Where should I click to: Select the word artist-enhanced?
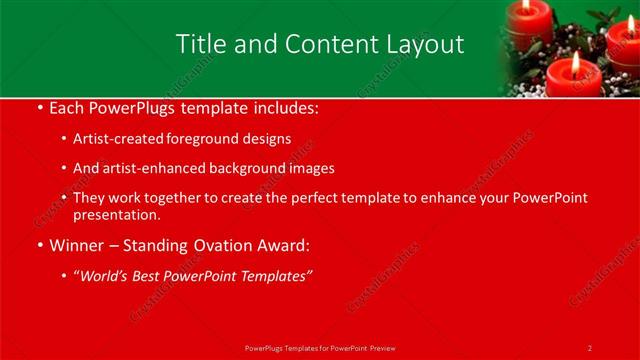148,168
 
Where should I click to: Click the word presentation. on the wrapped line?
117,214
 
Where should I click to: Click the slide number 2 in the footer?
590,348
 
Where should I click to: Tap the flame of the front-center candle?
576,60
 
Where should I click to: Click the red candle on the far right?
624,45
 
